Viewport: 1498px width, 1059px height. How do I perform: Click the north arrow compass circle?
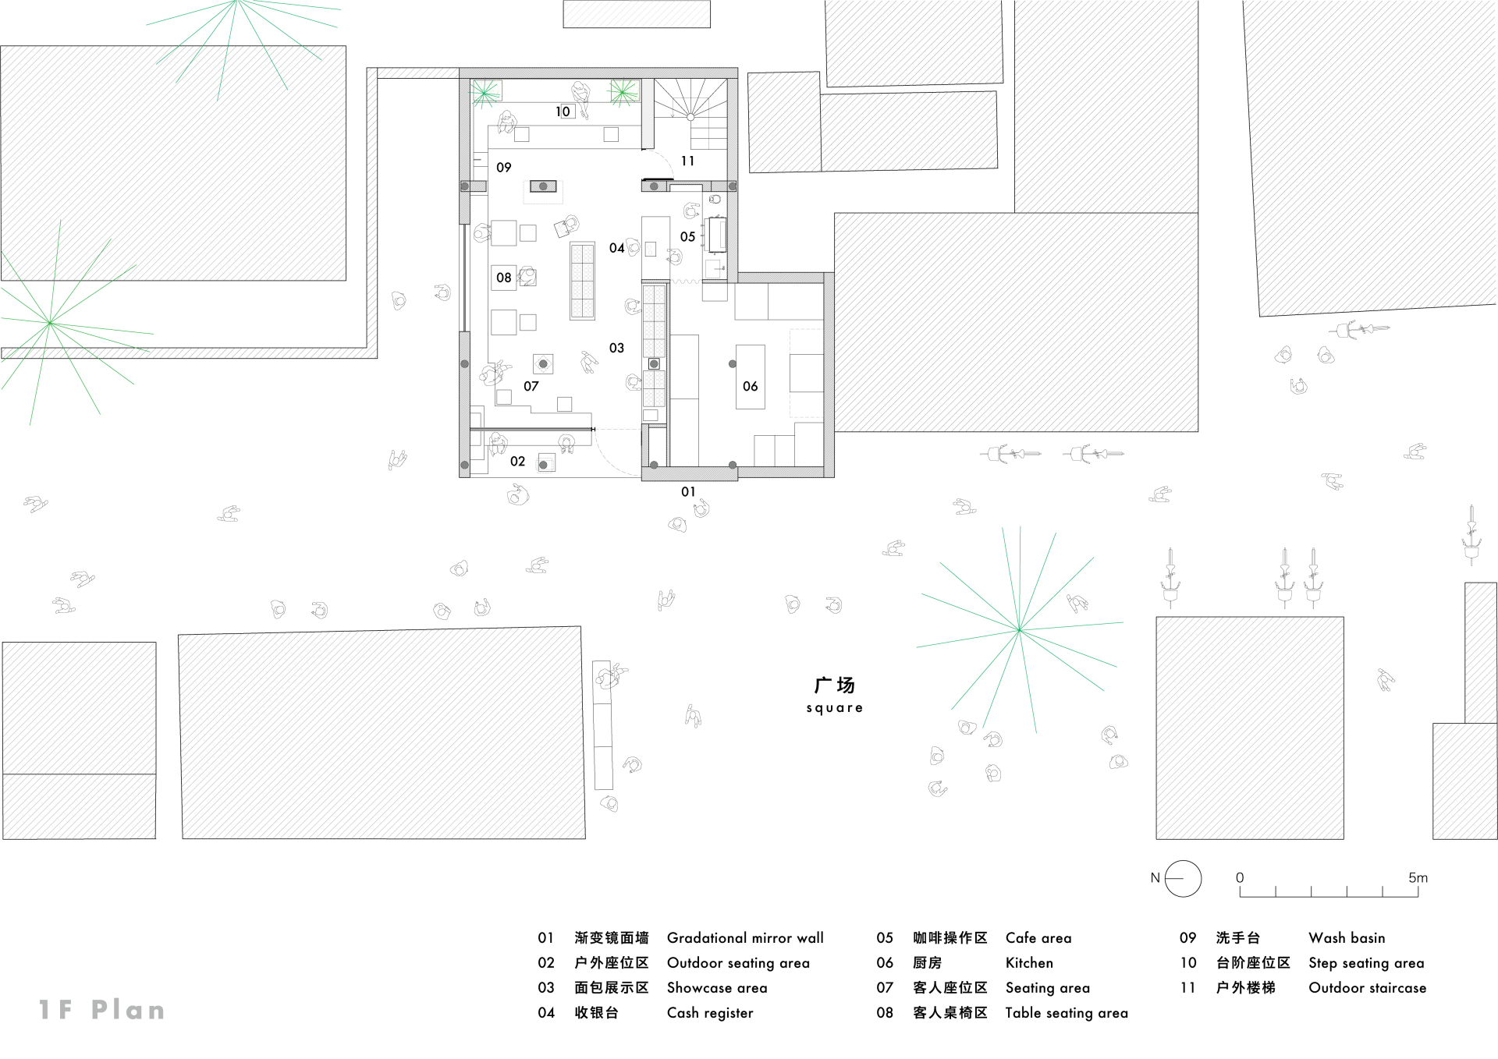pos(1183,878)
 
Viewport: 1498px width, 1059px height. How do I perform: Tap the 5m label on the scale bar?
pos(1418,877)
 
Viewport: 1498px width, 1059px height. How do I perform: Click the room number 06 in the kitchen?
pos(750,386)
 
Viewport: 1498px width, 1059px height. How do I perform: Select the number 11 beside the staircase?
pos(687,161)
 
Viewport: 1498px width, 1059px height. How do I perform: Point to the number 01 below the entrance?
pos(688,492)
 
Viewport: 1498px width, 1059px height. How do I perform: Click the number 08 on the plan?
pos(504,278)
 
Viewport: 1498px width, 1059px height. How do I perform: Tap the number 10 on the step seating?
pos(563,112)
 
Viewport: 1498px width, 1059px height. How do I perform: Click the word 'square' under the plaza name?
pos(834,708)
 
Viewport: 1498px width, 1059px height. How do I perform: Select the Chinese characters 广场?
pos(834,685)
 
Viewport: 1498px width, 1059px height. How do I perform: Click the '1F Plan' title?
pos(102,1010)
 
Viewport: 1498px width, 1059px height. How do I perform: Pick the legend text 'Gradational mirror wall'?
pos(745,938)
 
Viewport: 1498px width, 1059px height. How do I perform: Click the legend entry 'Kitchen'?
pos(1029,963)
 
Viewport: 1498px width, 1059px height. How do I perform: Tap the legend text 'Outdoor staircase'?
pos(1367,988)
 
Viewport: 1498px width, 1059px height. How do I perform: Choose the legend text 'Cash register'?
pos(710,1013)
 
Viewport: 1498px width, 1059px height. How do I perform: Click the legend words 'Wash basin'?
pos(1347,938)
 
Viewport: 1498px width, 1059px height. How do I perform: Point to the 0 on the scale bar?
pos(1240,877)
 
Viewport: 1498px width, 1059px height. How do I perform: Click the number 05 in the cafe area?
pos(687,237)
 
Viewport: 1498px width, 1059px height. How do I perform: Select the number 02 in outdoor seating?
pos(517,462)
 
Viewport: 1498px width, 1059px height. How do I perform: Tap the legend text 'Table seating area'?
pos(1066,1013)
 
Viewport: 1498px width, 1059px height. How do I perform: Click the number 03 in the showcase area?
pos(616,348)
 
